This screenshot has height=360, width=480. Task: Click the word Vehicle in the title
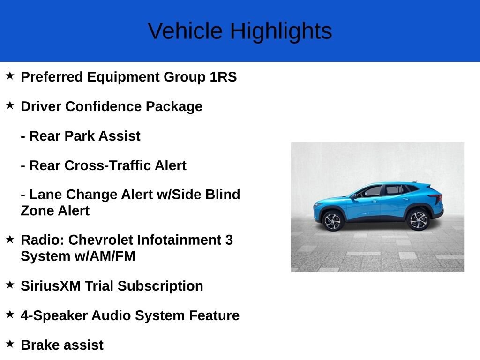click(x=185, y=30)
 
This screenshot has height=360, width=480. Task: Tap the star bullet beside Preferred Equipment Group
click(x=10, y=75)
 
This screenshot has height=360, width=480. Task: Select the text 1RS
click(x=223, y=77)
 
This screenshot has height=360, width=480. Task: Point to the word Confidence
click(x=103, y=106)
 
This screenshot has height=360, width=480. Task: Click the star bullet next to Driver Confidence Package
click(x=10, y=105)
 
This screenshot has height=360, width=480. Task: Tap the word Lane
click(x=45, y=195)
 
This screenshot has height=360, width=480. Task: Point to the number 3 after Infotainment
click(x=229, y=240)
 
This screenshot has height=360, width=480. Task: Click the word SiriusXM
click(x=51, y=286)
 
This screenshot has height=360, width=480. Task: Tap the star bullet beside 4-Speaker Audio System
click(x=10, y=314)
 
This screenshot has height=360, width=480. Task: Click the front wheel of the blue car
click(x=332, y=221)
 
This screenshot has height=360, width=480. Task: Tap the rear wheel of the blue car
click(x=418, y=220)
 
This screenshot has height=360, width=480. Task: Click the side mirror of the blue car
click(x=354, y=196)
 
